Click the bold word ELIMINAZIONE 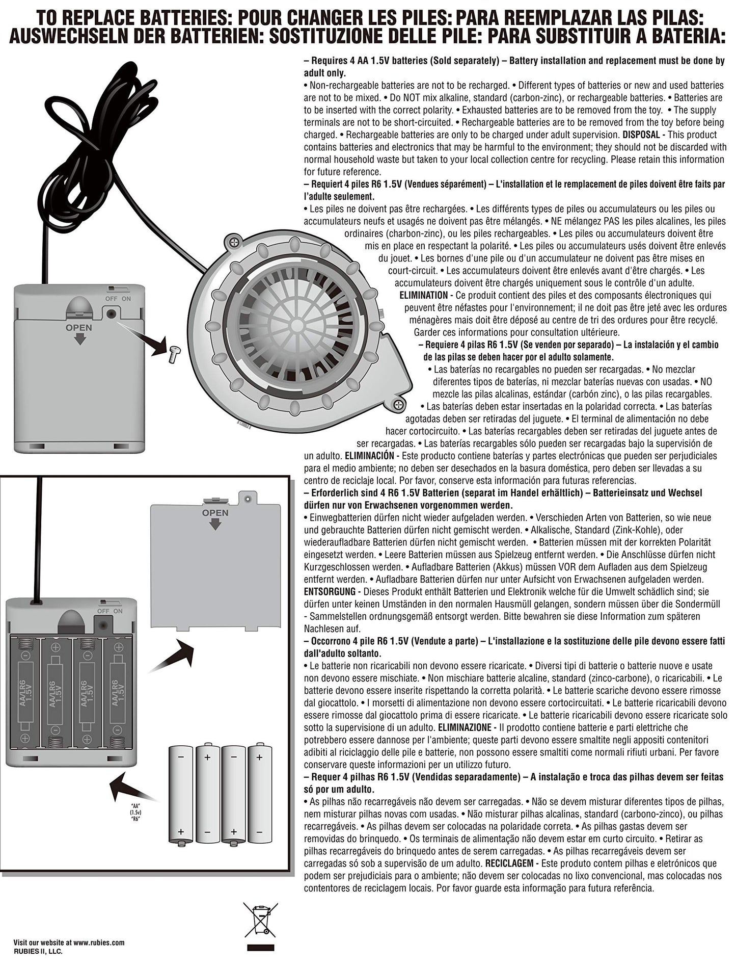click(x=465, y=727)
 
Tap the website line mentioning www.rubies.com click(x=69, y=943)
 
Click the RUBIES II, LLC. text click(x=38, y=951)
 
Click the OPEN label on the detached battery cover click(x=215, y=513)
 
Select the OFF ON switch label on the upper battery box click(x=118, y=298)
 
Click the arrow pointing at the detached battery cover click(x=173, y=658)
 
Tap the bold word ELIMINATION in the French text click(x=423, y=295)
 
